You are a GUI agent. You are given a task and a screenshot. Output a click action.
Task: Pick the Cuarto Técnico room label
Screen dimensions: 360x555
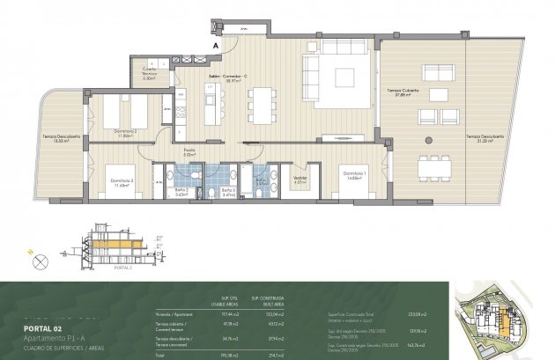(149, 75)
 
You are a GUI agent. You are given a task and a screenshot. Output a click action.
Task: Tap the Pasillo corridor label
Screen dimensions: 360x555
(189, 151)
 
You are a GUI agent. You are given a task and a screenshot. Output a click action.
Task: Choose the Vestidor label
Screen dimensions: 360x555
(299, 181)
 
